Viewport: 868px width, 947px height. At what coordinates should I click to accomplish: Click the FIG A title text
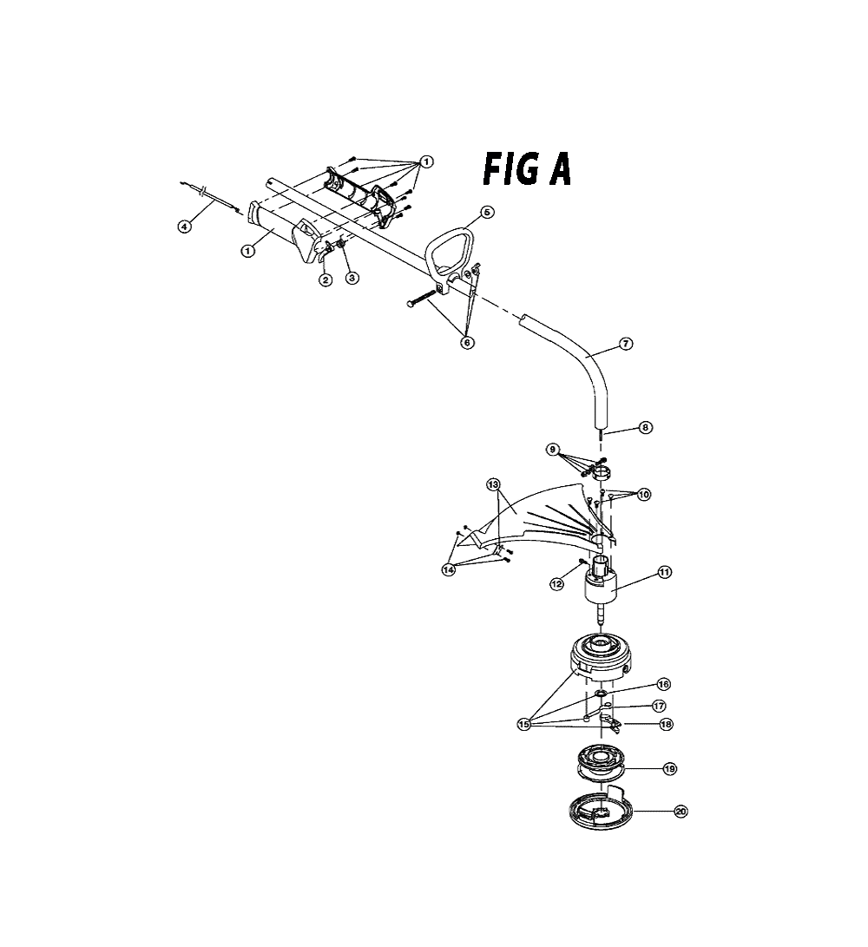527,170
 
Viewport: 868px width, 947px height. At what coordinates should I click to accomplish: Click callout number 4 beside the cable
184,227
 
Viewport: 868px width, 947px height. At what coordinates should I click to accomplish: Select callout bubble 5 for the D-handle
487,212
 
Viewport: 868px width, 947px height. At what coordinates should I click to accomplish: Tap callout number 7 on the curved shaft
626,344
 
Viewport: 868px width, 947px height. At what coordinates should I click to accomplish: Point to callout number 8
646,428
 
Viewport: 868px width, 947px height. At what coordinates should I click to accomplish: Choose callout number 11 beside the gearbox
664,572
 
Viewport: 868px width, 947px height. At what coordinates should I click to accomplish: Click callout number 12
556,584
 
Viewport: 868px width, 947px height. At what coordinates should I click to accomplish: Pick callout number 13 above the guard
494,484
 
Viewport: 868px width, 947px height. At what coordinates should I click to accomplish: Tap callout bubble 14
448,569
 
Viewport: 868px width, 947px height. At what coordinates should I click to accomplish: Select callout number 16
663,684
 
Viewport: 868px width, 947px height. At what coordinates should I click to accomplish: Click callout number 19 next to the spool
670,769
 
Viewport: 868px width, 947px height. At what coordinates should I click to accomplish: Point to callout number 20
681,812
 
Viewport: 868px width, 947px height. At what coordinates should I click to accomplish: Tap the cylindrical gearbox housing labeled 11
600,586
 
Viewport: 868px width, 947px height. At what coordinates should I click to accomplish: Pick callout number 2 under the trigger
325,279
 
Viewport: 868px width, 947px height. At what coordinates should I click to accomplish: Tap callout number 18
666,724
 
